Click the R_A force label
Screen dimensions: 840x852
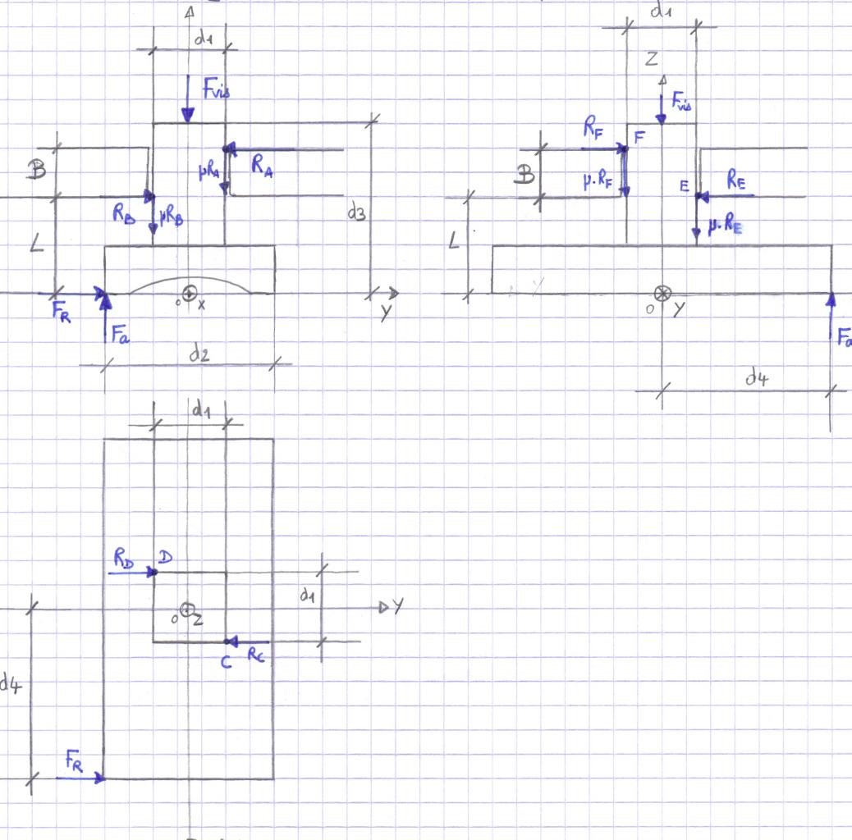(262, 167)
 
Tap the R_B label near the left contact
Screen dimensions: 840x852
(124, 214)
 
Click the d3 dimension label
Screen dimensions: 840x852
(356, 216)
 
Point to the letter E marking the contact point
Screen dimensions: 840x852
(684, 187)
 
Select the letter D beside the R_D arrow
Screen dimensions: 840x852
(164, 558)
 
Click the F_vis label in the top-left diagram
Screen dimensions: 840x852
(215, 91)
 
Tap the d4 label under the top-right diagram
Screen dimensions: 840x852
(757, 377)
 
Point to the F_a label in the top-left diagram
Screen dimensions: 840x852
(121, 334)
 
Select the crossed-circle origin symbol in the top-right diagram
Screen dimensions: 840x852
(662, 293)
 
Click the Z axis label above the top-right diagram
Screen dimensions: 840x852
(652, 58)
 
